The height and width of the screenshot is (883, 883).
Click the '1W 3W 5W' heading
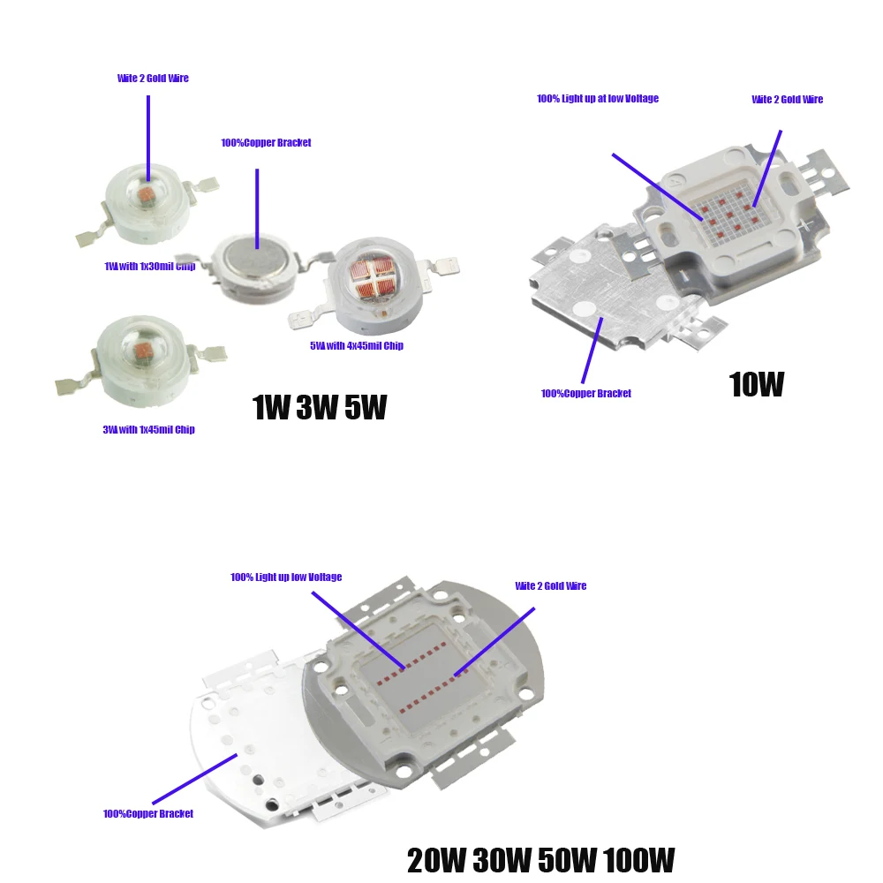point(319,407)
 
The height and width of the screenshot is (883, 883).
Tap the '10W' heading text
point(756,384)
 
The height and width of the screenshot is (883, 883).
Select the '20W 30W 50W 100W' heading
point(540,859)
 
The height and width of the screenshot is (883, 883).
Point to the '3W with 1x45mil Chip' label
point(148,430)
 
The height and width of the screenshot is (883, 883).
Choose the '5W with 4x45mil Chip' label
point(356,346)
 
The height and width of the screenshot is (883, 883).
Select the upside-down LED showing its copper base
point(255,262)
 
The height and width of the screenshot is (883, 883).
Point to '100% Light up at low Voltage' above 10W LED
point(598,99)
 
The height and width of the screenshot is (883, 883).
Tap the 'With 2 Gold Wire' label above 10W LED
point(787,100)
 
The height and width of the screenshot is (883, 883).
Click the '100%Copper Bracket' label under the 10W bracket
point(586,394)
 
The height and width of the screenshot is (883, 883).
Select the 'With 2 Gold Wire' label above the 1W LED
point(153,79)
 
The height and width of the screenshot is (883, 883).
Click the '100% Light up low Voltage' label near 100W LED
point(286,577)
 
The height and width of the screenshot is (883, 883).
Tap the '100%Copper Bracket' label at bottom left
point(148,814)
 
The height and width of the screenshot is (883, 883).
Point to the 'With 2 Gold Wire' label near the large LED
point(550,586)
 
